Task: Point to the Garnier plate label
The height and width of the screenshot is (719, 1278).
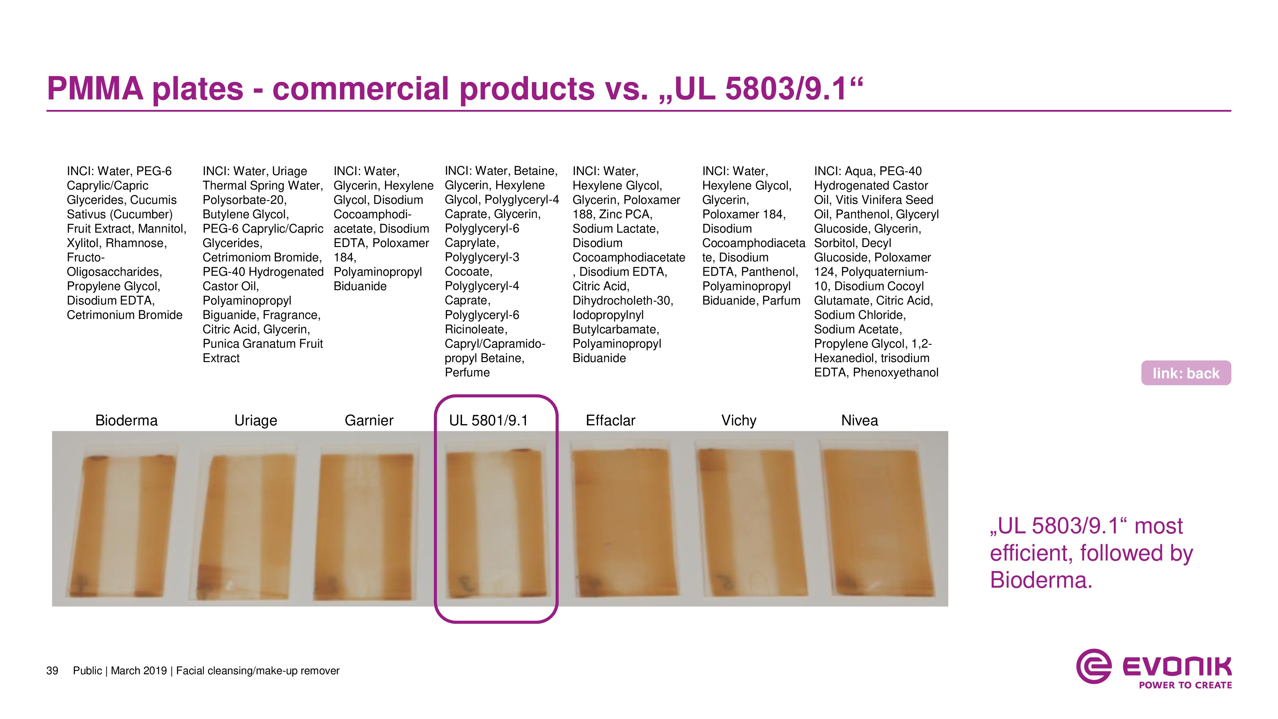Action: (369, 420)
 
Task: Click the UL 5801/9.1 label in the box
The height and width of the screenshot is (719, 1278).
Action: (489, 420)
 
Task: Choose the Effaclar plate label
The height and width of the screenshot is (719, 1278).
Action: (610, 420)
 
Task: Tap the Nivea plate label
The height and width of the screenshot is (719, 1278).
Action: (859, 420)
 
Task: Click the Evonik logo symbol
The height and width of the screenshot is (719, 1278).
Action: (1093, 666)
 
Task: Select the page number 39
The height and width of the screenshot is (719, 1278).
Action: (52, 671)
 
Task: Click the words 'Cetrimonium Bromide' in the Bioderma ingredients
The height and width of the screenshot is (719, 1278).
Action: (125, 315)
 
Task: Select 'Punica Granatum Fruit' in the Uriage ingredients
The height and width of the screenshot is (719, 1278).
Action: (262, 344)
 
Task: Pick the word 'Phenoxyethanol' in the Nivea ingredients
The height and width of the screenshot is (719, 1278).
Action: (896, 373)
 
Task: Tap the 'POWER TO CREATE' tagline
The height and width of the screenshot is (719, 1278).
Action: (1185, 685)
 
